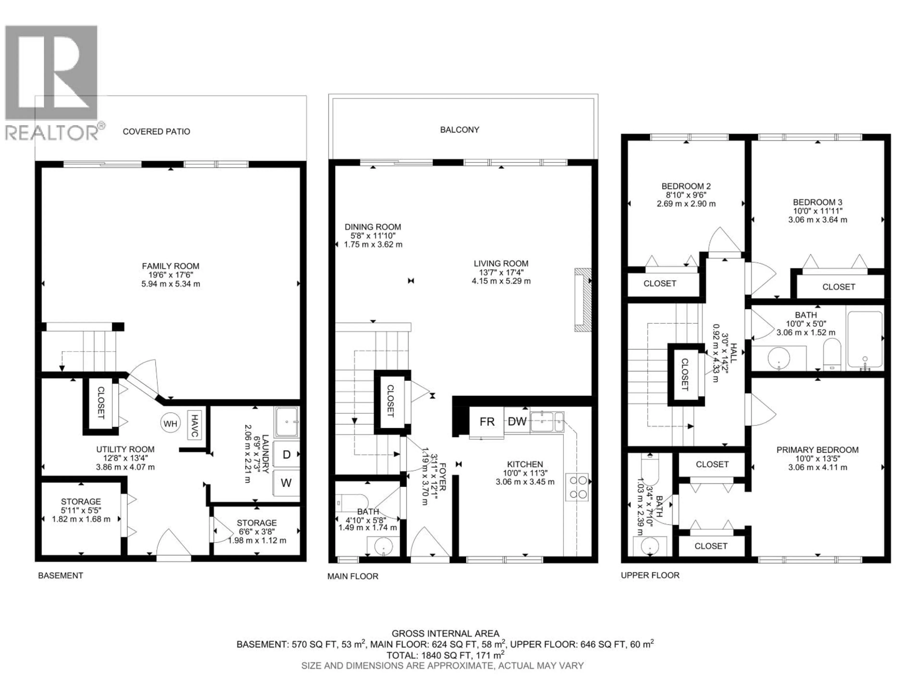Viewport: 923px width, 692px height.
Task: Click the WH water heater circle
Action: coord(170,424)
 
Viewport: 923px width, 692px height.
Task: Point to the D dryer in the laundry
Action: coord(287,455)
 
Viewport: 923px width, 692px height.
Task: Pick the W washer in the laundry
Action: coord(286,483)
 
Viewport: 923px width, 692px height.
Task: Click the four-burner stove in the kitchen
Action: coord(577,487)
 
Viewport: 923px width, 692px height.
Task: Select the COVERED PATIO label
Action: coord(156,132)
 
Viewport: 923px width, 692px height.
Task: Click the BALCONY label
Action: coord(459,130)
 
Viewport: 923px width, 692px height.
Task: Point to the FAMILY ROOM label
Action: coord(171,266)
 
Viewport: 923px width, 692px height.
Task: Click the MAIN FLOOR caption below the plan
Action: coord(353,576)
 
